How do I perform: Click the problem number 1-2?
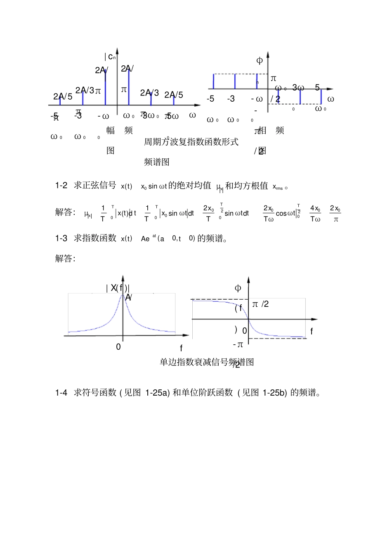(x=61, y=186)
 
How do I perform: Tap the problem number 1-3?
(x=61, y=239)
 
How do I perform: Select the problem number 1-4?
(x=61, y=393)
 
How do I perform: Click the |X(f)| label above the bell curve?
(x=118, y=288)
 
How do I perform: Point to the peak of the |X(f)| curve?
(x=123, y=295)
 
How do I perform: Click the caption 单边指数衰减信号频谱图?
(x=206, y=362)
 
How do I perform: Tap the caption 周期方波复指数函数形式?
(x=191, y=142)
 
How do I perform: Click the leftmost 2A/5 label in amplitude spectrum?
(x=63, y=97)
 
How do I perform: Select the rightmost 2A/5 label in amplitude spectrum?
(x=174, y=95)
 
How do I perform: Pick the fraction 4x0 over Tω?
(x=315, y=214)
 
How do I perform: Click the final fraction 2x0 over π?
(x=335, y=214)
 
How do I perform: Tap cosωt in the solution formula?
(x=286, y=214)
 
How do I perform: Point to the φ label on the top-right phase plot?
(x=260, y=61)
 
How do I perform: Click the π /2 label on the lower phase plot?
(x=260, y=304)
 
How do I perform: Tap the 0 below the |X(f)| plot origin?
(x=118, y=347)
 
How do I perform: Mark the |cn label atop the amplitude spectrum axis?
(x=110, y=57)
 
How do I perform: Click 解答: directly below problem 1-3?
(x=65, y=259)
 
